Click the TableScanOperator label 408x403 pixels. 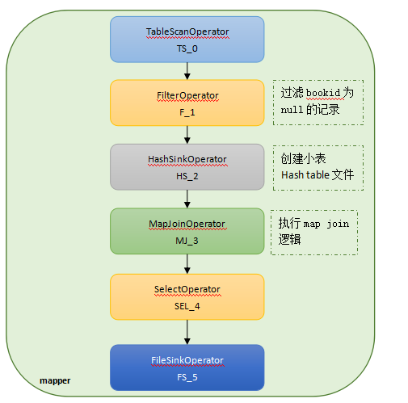(x=187, y=31)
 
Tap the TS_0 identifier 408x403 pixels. (x=187, y=48)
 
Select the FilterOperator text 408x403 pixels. (x=187, y=95)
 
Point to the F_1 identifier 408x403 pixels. (x=187, y=112)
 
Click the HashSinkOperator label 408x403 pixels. (x=187, y=159)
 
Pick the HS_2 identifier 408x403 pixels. (x=187, y=176)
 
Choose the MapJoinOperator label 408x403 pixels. (x=187, y=224)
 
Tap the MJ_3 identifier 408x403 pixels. (x=187, y=241)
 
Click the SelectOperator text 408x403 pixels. (x=187, y=289)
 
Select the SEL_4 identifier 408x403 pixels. (x=187, y=306)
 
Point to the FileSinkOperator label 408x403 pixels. (x=187, y=360)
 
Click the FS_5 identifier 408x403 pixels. (x=187, y=377)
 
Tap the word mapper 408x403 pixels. (x=55, y=381)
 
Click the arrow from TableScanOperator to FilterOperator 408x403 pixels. (x=187, y=71)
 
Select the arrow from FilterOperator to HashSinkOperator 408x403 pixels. (x=187, y=135)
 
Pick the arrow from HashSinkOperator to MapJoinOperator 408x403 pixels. (x=187, y=199)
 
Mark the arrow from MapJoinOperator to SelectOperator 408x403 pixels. (x=187, y=264)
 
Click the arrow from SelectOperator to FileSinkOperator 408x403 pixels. (x=187, y=332)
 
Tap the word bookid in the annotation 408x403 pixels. (x=323, y=93)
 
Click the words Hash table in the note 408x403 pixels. (x=305, y=175)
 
